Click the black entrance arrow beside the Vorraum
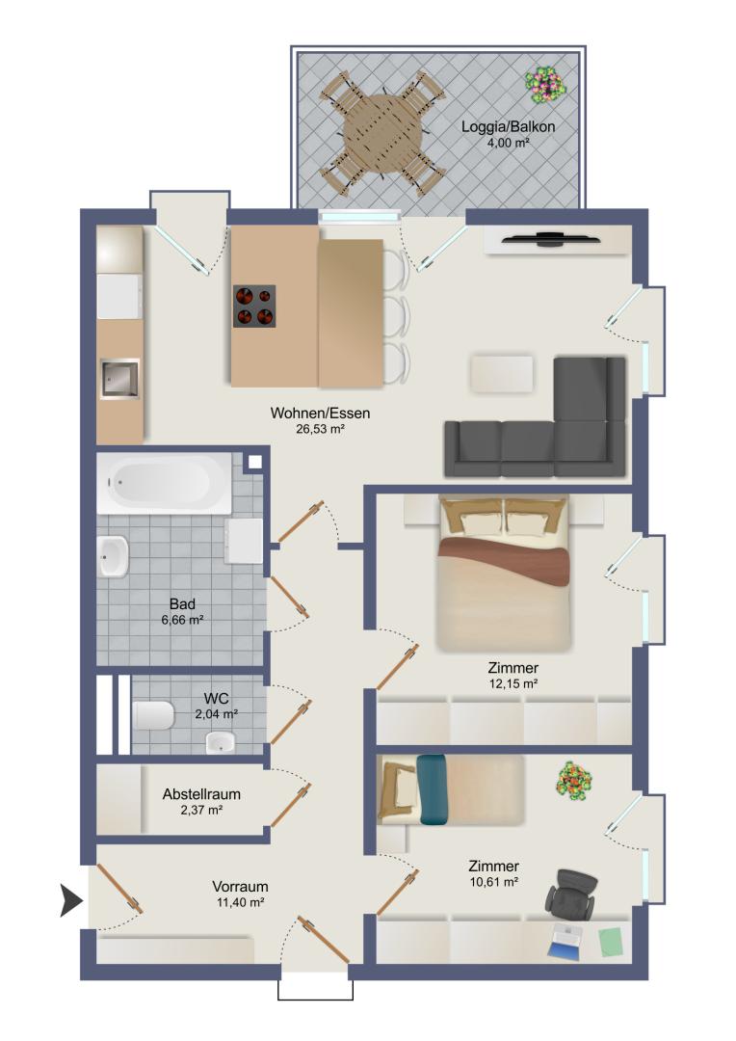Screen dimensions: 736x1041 point(71,901)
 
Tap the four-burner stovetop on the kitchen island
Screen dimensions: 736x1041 point(254,307)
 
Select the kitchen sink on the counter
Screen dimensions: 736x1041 point(119,379)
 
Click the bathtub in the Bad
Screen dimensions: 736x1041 point(164,483)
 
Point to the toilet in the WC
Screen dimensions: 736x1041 point(153,715)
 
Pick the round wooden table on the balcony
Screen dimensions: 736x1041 point(383,131)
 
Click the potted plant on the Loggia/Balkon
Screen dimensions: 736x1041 point(544,85)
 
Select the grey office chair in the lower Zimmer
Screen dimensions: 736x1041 point(570,893)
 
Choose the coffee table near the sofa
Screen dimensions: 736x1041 point(502,374)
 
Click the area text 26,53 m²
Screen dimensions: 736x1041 point(320,430)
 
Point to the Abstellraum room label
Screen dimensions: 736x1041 point(201,794)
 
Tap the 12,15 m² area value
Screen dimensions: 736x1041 point(513,683)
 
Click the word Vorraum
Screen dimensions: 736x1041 point(240,887)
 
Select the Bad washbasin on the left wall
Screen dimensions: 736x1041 point(113,556)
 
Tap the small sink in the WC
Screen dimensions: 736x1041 point(221,742)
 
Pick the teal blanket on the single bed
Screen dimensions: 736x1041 point(432,789)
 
